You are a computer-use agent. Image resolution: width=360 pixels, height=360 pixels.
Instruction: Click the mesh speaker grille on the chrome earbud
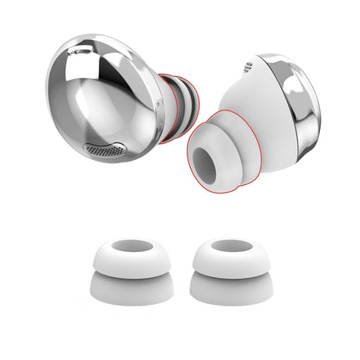point(101,151)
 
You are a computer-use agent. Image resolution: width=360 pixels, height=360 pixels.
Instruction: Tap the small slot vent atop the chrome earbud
point(81,52)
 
